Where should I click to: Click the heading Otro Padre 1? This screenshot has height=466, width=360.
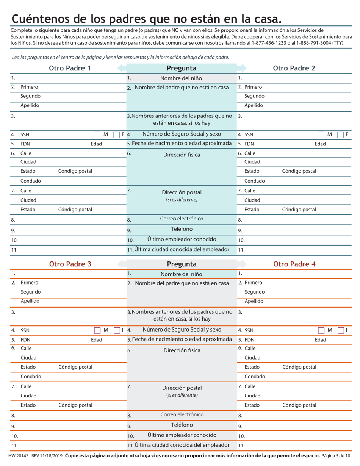pos(70,68)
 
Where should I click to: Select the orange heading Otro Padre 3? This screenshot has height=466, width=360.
pos(70,264)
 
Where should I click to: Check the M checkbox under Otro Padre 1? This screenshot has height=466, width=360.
pos(97,134)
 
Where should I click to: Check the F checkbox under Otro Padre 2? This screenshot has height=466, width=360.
pos(340,134)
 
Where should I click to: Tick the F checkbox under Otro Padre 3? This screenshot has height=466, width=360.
pos(117,330)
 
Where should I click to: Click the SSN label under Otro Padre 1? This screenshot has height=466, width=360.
pos(25,134)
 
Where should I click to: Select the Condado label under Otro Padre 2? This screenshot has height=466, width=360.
pos(255,181)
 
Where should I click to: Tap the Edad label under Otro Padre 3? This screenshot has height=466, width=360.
pos(97,340)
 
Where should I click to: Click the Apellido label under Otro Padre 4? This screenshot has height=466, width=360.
pos(254,301)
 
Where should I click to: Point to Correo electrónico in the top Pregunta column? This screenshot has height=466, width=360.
pos(182,219)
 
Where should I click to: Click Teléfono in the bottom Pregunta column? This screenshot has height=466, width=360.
pos(182,425)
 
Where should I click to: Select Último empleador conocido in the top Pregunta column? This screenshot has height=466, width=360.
pos(182,239)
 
